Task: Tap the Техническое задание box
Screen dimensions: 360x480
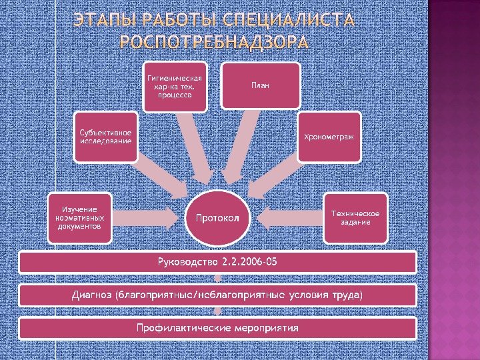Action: [355, 217]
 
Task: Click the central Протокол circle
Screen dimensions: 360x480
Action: [222, 217]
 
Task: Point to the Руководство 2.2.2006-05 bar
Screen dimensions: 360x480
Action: [217, 261]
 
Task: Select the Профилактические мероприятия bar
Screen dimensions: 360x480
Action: [217, 328]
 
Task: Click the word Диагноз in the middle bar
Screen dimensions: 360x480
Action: [92, 295]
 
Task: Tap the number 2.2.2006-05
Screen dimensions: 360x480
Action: [248, 261]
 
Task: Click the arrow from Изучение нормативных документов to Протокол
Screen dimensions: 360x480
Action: [147, 217]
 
